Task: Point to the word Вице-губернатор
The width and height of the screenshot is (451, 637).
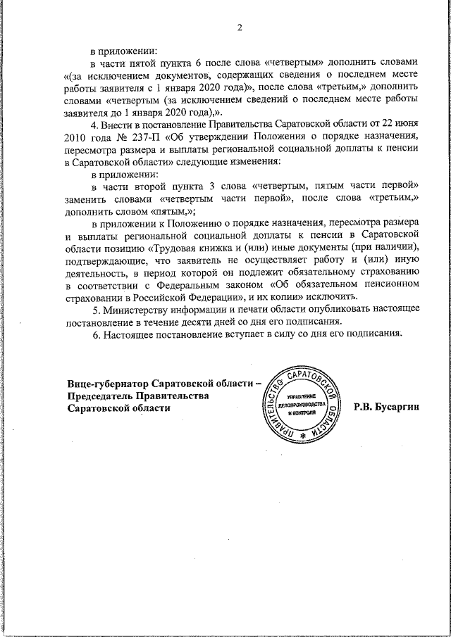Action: click(109, 382)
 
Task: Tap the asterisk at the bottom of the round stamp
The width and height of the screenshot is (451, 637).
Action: click(304, 436)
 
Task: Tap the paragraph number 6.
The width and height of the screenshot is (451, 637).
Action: click(96, 334)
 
